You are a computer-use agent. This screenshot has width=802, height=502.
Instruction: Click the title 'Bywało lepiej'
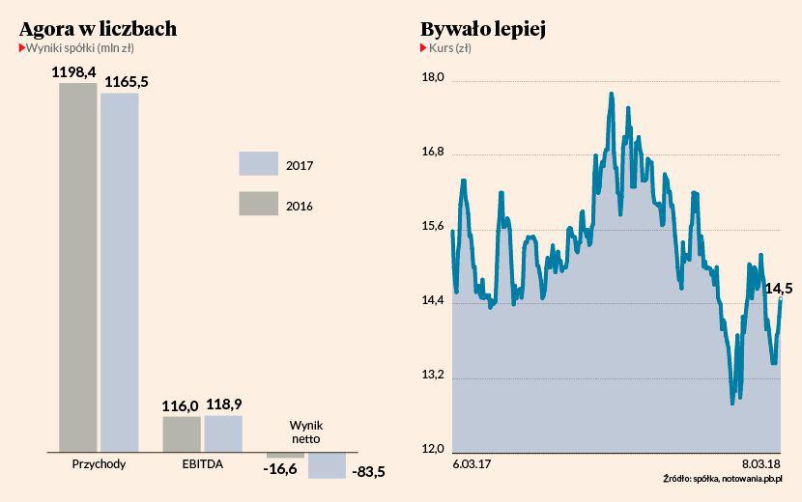pos(484,29)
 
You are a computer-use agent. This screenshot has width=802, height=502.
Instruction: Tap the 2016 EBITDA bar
pos(182,433)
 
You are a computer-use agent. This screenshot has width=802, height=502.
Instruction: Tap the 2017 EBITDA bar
pos(223,433)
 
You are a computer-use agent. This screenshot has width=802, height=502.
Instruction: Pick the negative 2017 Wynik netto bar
pos(327,465)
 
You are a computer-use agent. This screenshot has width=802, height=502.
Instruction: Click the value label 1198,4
pos(73,71)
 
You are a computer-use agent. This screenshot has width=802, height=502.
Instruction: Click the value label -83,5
pos(370,471)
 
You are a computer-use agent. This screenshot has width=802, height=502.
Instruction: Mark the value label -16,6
pos(280,469)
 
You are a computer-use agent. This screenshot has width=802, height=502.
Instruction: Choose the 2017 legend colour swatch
pos(257,164)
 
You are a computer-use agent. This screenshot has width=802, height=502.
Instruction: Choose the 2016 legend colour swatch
pos(257,204)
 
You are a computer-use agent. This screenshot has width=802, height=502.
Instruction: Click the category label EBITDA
pos(202,464)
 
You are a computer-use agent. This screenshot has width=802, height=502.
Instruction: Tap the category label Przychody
pos(100,464)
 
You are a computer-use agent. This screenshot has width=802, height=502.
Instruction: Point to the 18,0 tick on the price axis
pos(432,78)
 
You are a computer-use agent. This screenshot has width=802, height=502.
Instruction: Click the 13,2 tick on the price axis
pos(432,376)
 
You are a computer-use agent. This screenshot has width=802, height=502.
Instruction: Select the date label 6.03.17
pos(473,464)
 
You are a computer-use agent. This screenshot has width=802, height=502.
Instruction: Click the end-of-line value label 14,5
pos(778,288)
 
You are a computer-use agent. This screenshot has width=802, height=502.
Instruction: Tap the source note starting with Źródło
pos(723,478)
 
